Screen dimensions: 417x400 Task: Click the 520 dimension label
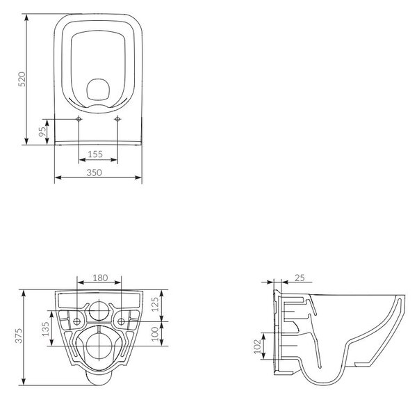pyautogui.click(x=22, y=79)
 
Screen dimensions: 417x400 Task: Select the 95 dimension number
pyautogui.click(x=42, y=131)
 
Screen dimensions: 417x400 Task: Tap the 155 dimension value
pyautogui.click(x=95, y=154)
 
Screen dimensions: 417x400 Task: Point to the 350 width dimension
pyautogui.click(x=94, y=173)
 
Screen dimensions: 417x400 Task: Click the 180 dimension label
pyautogui.click(x=100, y=278)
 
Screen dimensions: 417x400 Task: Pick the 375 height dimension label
pyautogui.click(x=18, y=336)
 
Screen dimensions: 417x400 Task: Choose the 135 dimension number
pyautogui.click(x=45, y=329)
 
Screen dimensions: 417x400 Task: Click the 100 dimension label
pyautogui.click(x=154, y=334)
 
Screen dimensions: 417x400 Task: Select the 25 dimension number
pyautogui.click(x=300, y=278)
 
